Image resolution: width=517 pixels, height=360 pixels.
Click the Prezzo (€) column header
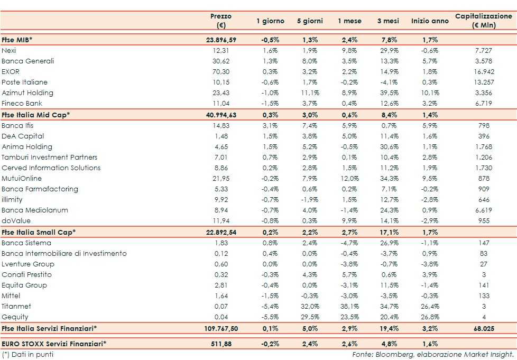coord(221,21)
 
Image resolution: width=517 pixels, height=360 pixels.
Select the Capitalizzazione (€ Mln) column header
coord(483,21)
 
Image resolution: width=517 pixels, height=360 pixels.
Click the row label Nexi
coord(9,50)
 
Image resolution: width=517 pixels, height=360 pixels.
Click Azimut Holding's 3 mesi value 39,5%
coord(391,93)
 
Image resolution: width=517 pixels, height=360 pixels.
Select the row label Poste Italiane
coord(24,82)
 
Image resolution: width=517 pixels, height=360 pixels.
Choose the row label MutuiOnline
coord(22,178)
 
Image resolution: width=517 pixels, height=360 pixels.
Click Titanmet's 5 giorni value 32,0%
coord(309,306)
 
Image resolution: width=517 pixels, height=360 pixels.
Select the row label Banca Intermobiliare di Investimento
coord(64,253)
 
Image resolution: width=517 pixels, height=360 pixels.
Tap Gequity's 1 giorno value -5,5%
coord(270,317)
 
